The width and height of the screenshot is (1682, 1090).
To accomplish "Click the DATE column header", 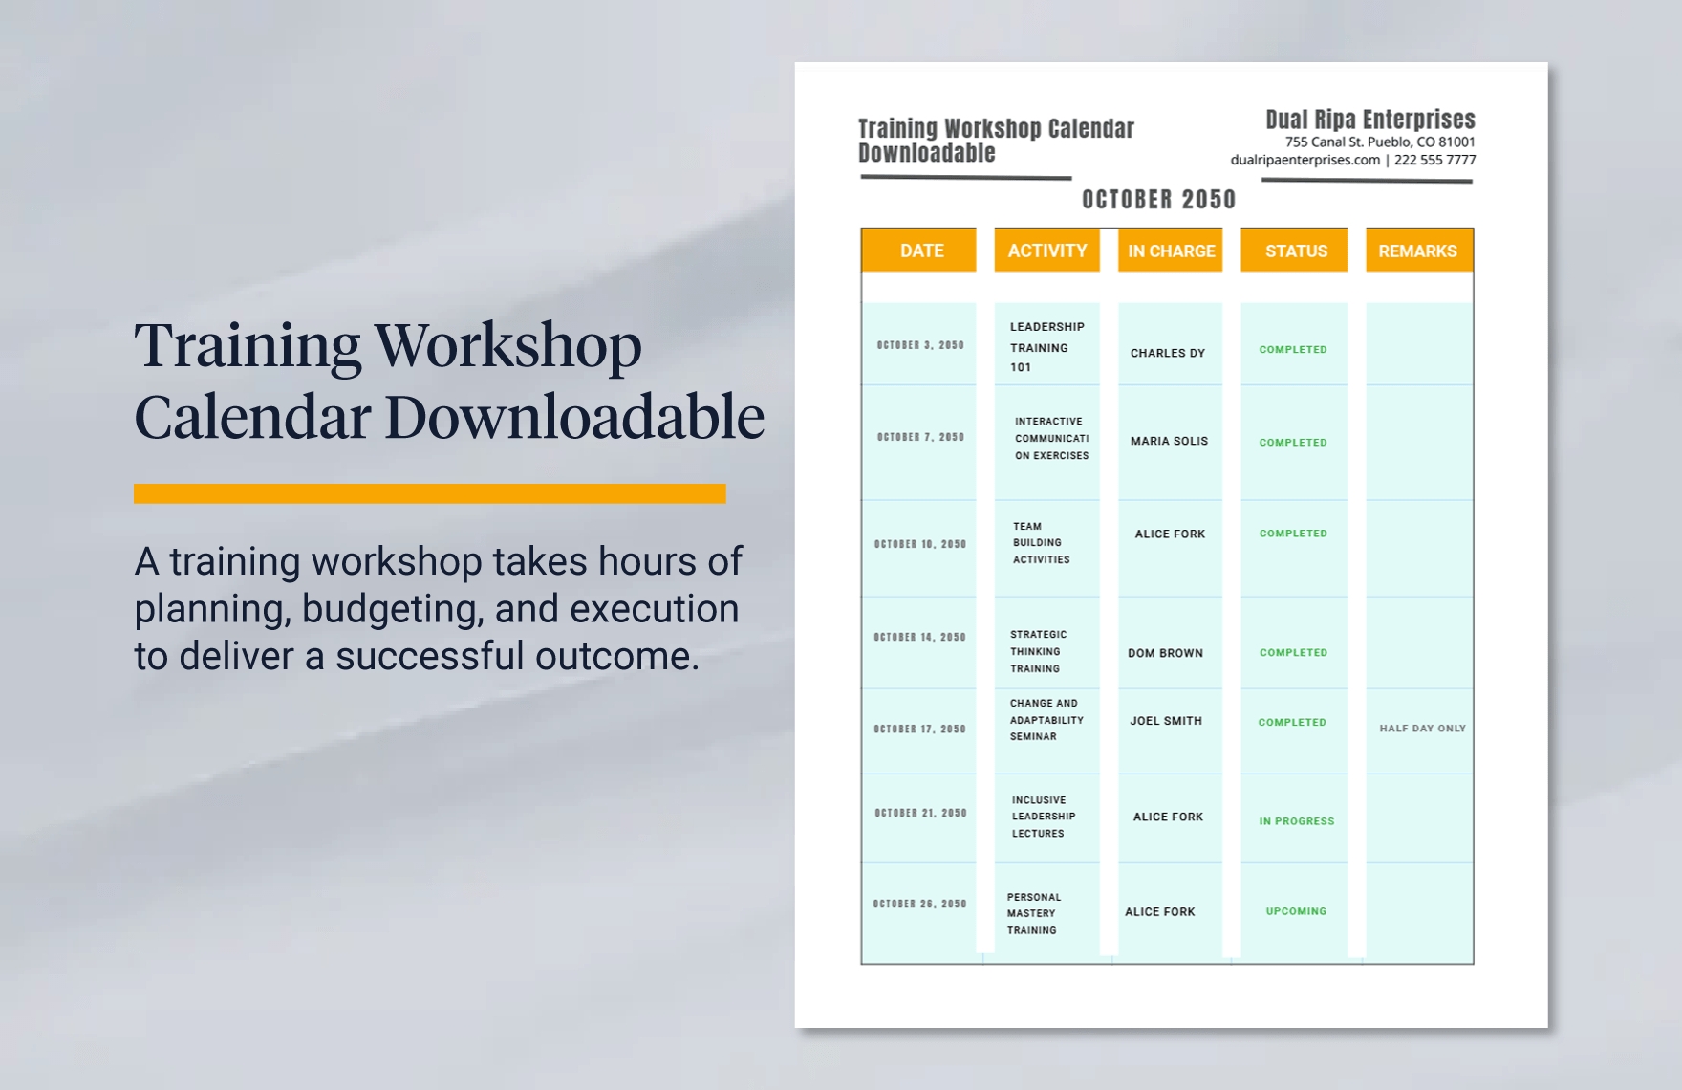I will pyautogui.click(x=921, y=251).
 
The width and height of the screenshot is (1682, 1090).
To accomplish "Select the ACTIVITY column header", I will pyautogui.click(x=1046, y=251).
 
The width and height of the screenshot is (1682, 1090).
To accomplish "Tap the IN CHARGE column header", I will pyautogui.click(x=1171, y=251).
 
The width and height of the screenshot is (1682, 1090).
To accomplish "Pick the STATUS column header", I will pyautogui.click(x=1296, y=251).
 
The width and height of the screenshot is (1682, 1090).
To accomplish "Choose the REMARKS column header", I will pyautogui.click(x=1417, y=251).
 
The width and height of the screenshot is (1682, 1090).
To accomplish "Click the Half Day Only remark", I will pyautogui.click(x=1422, y=729).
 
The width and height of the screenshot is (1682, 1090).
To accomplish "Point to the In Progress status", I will pyautogui.click(x=1296, y=821).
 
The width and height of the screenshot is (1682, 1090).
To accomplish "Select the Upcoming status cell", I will pyautogui.click(x=1296, y=911).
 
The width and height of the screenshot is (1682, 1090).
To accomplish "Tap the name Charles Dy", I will pyautogui.click(x=1168, y=353).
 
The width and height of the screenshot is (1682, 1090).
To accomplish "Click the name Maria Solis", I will pyautogui.click(x=1169, y=441).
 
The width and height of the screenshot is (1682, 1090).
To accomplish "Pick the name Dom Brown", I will pyautogui.click(x=1165, y=653).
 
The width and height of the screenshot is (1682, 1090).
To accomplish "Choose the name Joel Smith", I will pyautogui.click(x=1166, y=721).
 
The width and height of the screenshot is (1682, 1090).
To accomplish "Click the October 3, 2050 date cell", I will pyautogui.click(x=920, y=345).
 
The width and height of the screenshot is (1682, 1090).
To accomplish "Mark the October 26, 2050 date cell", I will pyautogui.click(x=919, y=904).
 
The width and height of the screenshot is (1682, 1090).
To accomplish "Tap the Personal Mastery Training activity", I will pyautogui.click(x=1033, y=913).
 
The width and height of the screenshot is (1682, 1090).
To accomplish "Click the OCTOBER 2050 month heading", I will pyautogui.click(x=1158, y=199).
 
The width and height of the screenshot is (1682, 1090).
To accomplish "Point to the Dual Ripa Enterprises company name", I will pyautogui.click(x=1369, y=120).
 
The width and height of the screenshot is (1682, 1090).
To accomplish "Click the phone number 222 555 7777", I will pyautogui.click(x=1434, y=160).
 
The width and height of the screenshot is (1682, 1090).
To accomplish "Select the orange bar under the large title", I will pyautogui.click(x=430, y=493).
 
